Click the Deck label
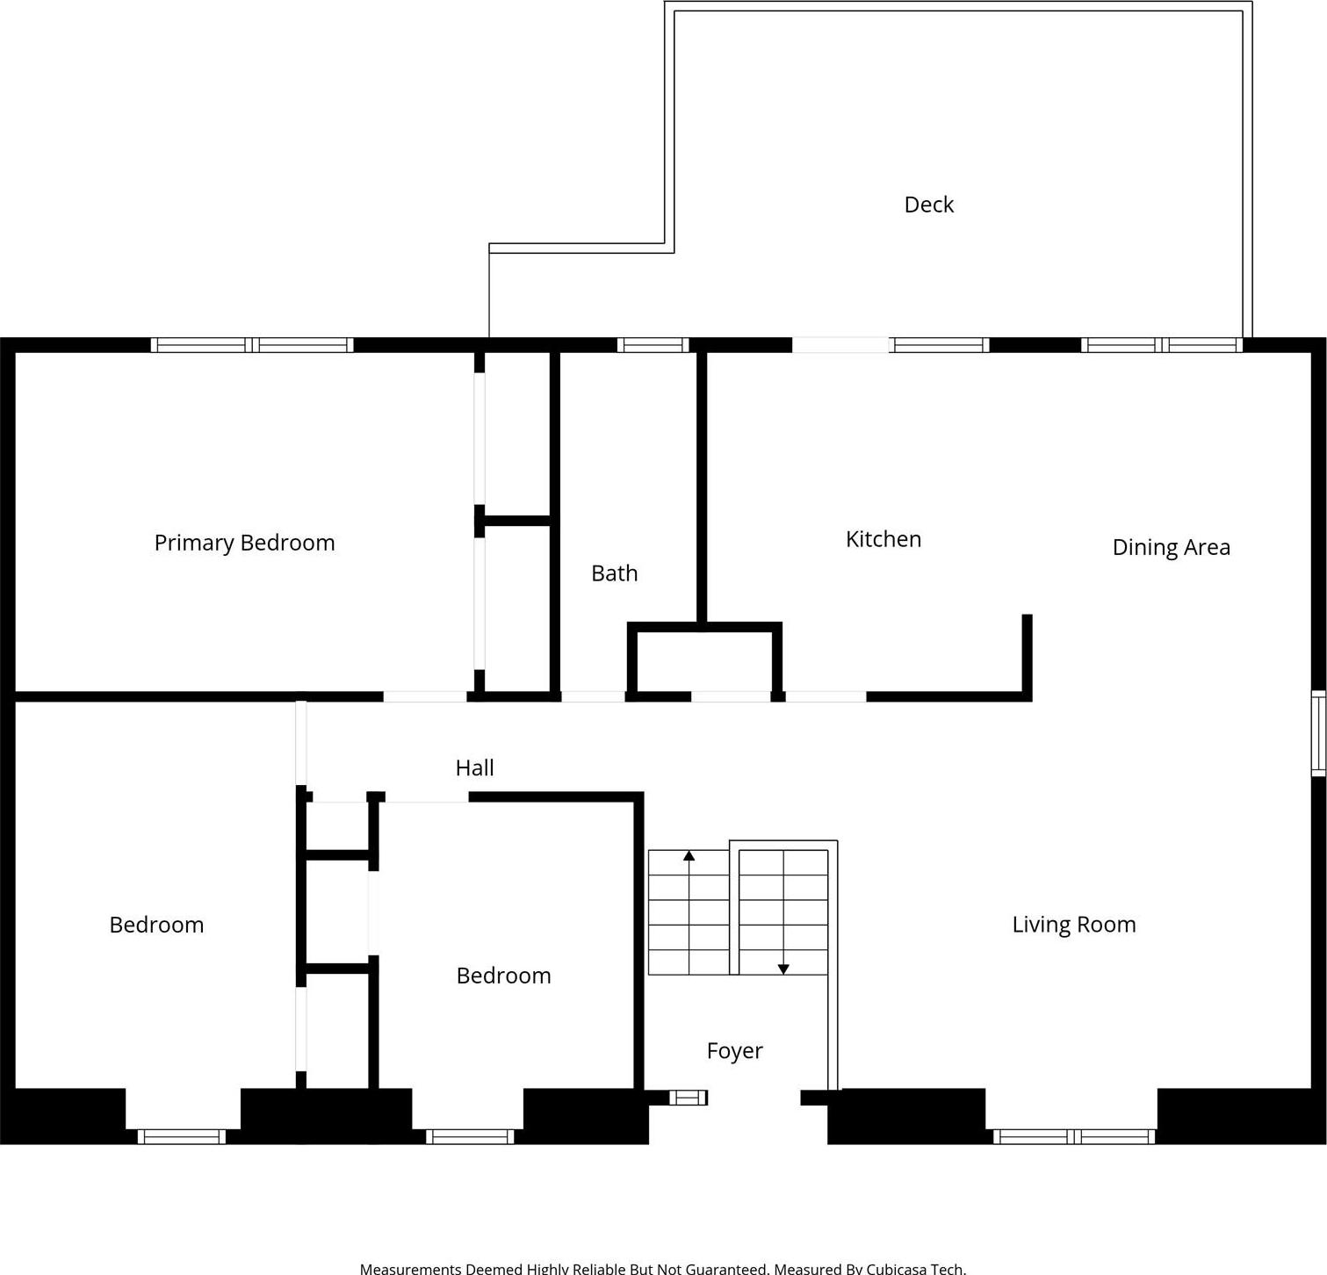(x=928, y=205)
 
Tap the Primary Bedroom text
(x=244, y=543)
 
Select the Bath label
(x=614, y=573)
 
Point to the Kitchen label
(x=883, y=539)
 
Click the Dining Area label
(x=1171, y=547)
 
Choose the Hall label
(x=474, y=767)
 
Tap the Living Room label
(x=1073, y=925)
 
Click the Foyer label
(x=734, y=1051)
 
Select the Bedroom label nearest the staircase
(x=503, y=976)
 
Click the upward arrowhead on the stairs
(x=689, y=855)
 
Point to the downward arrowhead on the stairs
(x=783, y=969)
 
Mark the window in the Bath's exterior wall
(x=653, y=345)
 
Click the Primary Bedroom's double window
(x=252, y=345)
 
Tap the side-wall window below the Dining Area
(x=1318, y=733)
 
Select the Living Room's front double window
(x=1073, y=1137)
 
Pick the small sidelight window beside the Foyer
(x=688, y=1098)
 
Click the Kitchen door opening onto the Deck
(x=840, y=345)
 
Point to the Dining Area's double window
(x=1162, y=345)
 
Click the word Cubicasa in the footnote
(x=900, y=1268)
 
